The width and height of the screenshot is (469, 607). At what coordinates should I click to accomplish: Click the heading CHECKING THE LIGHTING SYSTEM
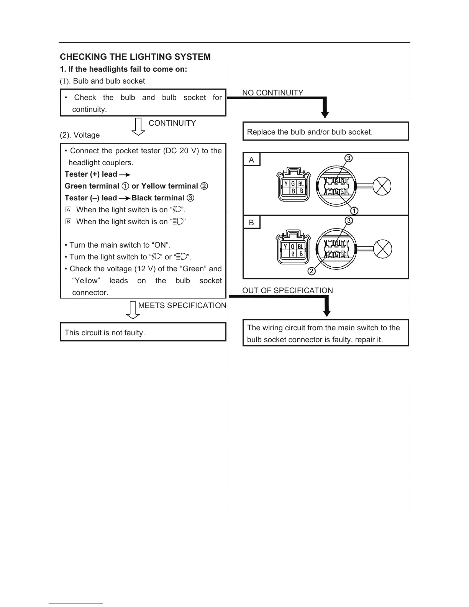[x=135, y=57]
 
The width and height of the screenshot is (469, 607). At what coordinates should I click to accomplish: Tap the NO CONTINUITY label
[x=272, y=93]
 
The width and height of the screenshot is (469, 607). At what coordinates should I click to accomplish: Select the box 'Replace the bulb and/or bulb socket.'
[x=326, y=131]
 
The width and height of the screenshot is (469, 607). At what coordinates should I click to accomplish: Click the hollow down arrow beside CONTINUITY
[x=138, y=127]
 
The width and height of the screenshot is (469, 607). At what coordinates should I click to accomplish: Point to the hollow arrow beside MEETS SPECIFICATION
[x=133, y=310]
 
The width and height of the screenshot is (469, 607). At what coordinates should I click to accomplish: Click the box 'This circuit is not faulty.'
[x=143, y=332]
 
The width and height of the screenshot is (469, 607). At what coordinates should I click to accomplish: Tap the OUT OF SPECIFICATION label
[x=287, y=290]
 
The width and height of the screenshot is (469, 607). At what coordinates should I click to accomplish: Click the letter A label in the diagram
[x=251, y=160]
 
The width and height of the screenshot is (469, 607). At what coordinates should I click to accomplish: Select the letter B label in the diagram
[x=251, y=223]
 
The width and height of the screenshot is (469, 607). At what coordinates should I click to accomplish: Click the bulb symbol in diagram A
[x=382, y=187]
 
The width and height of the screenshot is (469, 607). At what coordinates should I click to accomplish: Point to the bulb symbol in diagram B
[x=382, y=249]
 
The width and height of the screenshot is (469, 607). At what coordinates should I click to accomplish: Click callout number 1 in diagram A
[x=354, y=210]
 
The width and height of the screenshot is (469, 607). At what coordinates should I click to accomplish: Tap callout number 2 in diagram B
[x=312, y=271]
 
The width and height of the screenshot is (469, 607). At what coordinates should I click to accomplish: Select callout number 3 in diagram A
[x=348, y=158]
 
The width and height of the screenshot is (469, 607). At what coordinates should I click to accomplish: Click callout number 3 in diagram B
[x=349, y=221]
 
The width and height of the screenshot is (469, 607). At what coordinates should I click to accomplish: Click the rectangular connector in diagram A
[x=293, y=185]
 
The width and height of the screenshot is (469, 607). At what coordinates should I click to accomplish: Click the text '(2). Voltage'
[x=80, y=135]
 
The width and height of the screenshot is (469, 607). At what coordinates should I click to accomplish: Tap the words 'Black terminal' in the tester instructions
[x=158, y=198]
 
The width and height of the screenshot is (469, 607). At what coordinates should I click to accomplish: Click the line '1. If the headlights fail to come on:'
[x=123, y=69]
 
